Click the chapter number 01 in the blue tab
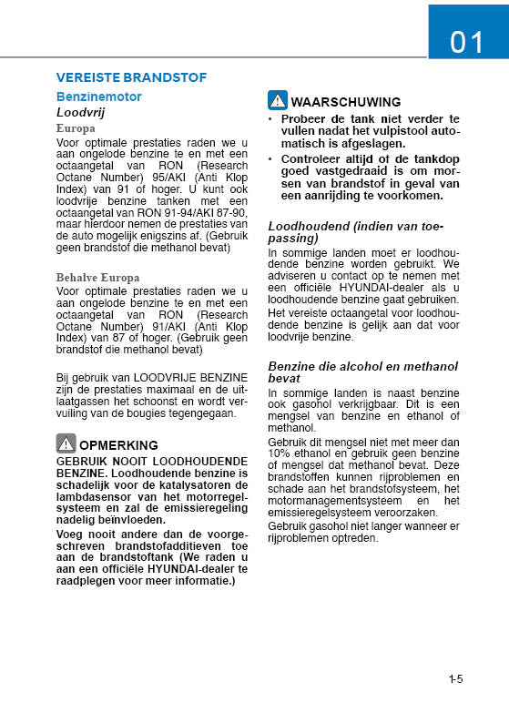point(467,42)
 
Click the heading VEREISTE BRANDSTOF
point(131,77)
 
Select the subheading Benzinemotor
point(98,96)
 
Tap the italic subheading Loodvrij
point(84,112)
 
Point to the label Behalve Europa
point(97,277)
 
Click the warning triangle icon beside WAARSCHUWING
point(277,101)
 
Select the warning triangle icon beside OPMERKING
point(66,444)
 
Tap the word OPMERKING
point(118,445)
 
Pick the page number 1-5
point(456,678)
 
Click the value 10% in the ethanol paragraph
point(279,453)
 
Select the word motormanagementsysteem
point(332,500)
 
